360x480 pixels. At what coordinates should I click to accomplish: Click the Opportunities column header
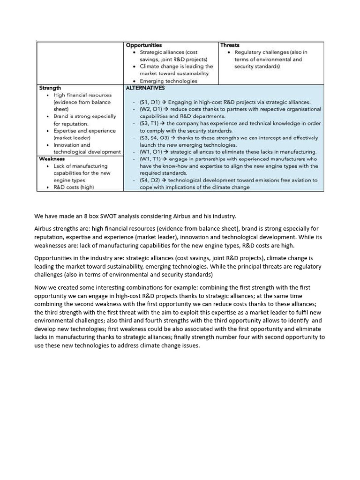coord(144,45)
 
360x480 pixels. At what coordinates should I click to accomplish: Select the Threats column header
coord(230,45)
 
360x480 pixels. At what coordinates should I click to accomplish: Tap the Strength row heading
coord(50,88)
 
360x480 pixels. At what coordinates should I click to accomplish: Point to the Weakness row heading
coord(52,159)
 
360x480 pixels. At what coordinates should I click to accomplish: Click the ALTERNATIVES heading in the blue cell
coord(145,88)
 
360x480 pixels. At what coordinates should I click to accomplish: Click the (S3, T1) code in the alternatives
coord(150,123)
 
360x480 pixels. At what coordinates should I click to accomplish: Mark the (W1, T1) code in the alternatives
coord(150,159)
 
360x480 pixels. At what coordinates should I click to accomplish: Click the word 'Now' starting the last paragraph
coord(41,287)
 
